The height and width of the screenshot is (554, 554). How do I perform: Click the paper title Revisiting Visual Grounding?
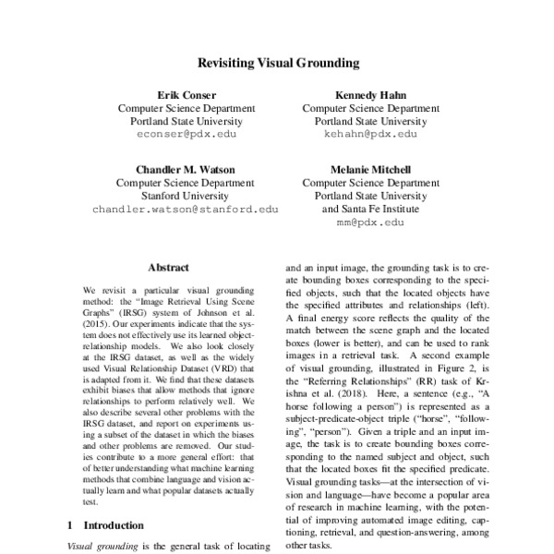click(x=277, y=64)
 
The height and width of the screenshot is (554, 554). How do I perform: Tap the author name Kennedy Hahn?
click(x=370, y=94)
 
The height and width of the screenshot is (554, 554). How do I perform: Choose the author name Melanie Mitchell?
click(x=370, y=169)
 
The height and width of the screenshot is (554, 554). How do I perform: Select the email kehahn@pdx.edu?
click(x=370, y=134)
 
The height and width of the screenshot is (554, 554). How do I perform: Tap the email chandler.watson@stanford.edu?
click(x=185, y=209)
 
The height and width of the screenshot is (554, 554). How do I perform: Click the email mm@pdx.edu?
click(x=370, y=223)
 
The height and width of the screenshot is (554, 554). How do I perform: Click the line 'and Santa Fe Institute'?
click(x=370, y=209)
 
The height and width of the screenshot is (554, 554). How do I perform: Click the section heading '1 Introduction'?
click(x=109, y=525)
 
